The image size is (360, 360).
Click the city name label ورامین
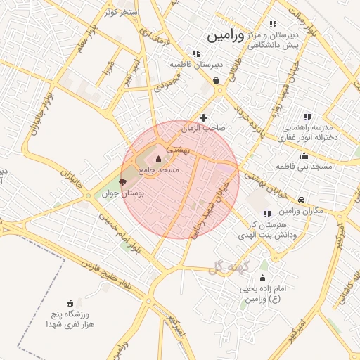click(x=226, y=35)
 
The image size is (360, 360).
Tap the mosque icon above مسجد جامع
click(x=157, y=159)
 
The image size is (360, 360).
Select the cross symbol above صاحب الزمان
click(x=204, y=117)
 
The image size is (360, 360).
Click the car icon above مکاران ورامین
click(x=302, y=200)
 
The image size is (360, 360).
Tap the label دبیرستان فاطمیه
click(x=196, y=64)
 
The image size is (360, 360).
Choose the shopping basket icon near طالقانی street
click(x=216, y=80)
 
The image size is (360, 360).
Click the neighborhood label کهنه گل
click(x=225, y=266)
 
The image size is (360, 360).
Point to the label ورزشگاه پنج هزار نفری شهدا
click(x=70, y=319)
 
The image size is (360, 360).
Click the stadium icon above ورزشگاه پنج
click(x=69, y=302)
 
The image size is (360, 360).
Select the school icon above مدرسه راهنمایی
click(x=307, y=117)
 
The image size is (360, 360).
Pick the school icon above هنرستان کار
click(x=267, y=214)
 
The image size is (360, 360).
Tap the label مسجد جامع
click(x=160, y=170)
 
